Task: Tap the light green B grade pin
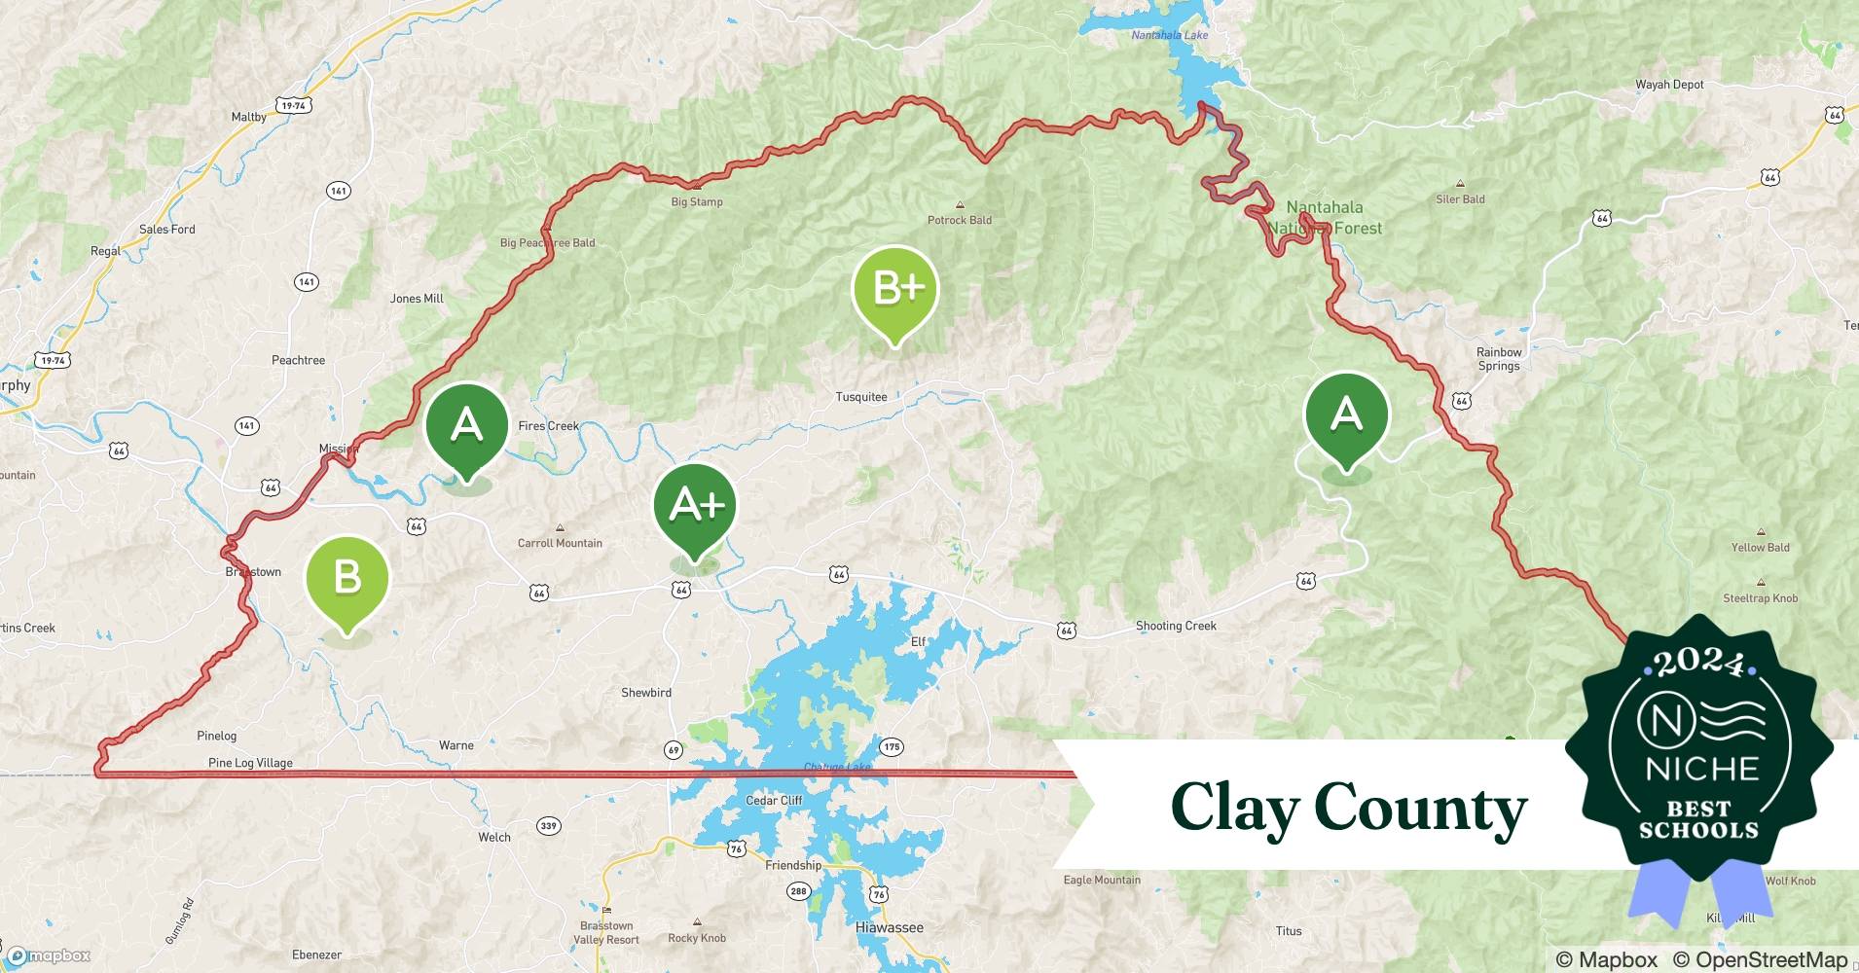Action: [x=347, y=578]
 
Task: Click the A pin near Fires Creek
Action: [x=467, y=425]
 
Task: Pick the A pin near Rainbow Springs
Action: [x=1346, y=415]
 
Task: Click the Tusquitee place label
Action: [x=861, y=397]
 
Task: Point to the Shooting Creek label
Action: [x=1176, y=626]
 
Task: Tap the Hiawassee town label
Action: [x=889, y=928]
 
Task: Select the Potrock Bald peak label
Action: [x=960, y=220]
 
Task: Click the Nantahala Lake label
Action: [x=1169, y=35]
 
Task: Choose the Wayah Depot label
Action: [x=1669, y=85]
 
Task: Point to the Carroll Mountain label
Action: [x=560, y=543]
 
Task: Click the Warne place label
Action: [x=456, y=745]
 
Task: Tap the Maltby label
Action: [x=248, y=117]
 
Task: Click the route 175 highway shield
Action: [x=892, y=747]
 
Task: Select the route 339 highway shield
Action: [x=549, y=826]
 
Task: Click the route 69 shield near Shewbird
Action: [x=674, y=749]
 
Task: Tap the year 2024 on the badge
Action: [x=1698, y=663]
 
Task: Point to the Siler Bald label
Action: [x=1460, y=199]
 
